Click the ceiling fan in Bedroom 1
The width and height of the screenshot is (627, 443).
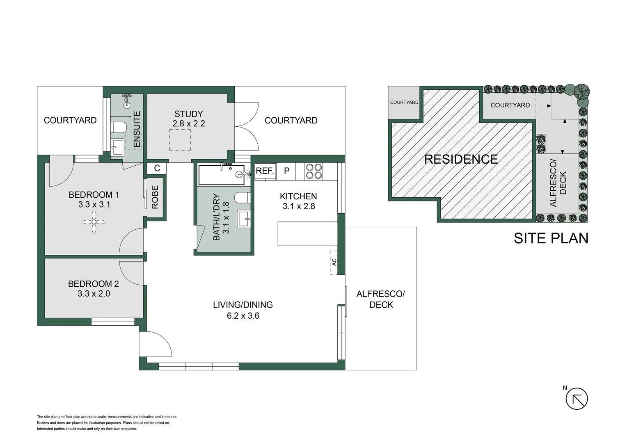tap(94, 222)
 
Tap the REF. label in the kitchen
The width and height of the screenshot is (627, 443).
tap(265, 171)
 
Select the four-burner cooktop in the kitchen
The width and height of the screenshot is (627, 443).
tap(314, 171)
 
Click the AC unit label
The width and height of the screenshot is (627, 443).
tap(334, 262)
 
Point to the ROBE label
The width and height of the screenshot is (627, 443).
tap(155, 197)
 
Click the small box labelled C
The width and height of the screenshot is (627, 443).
tap(157, 168)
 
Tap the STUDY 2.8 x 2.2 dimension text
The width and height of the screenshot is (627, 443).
tap(188, 123)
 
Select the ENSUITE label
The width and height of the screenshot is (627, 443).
tap(137, 129)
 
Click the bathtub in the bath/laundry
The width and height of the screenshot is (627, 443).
tap(222, 175)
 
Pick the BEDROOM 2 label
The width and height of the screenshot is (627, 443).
tap(94, 284)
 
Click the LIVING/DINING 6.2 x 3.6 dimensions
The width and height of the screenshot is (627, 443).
tap(243, 316)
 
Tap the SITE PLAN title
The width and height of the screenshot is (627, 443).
tap(551, 238)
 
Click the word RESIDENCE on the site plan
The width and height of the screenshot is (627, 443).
tap(461, 159)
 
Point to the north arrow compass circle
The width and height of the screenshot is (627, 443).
tap(577, 399)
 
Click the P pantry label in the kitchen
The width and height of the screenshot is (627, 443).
tap(287, 171)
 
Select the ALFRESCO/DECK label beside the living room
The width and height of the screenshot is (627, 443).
tap(381, 299)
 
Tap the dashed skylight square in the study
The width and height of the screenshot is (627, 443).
tap(180, 140)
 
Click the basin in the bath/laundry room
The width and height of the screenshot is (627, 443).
tap(244, 219)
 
